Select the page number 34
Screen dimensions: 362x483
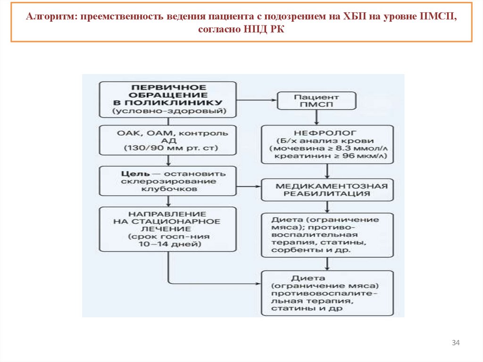[456, 342]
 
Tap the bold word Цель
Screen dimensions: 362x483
[130, 173]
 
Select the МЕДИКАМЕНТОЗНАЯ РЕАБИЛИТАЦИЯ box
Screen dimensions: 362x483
[327, 189]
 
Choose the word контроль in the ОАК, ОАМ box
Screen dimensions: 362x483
[203, 133]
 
